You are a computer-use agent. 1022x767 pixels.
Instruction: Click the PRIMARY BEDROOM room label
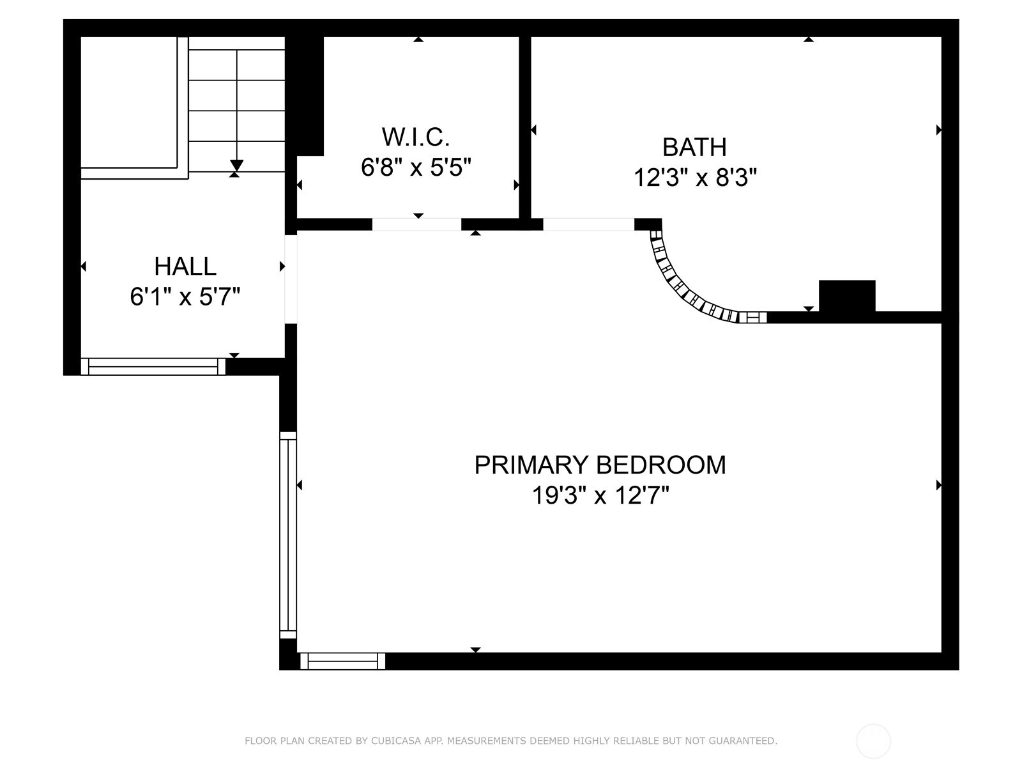tap(600, 465)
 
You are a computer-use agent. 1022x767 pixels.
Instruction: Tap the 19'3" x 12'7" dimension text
tap(600, 495)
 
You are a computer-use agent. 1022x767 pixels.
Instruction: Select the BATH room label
tap(694, 147)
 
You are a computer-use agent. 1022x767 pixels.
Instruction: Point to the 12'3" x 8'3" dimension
tap(694, 177)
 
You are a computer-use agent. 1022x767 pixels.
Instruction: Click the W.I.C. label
tap(416, 137)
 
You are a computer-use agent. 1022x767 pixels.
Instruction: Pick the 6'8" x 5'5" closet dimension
tap(416, 167)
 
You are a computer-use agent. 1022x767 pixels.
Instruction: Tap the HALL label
tap(185, 266)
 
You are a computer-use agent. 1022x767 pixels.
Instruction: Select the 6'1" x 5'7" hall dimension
tap(185, 297)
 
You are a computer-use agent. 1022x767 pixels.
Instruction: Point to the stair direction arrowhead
tap(236, 165)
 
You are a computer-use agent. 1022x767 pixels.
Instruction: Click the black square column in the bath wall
tap(847, 296)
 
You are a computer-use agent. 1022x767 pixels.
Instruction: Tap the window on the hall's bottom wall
tap(153, 366)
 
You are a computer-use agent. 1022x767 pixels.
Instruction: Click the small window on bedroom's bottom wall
tap(342, 661)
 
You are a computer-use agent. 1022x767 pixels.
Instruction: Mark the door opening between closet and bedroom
tap(416, 224)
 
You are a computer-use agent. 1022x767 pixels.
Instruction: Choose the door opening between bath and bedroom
tap(588, 224)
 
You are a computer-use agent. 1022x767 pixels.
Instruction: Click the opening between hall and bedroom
tap(291, 279)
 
